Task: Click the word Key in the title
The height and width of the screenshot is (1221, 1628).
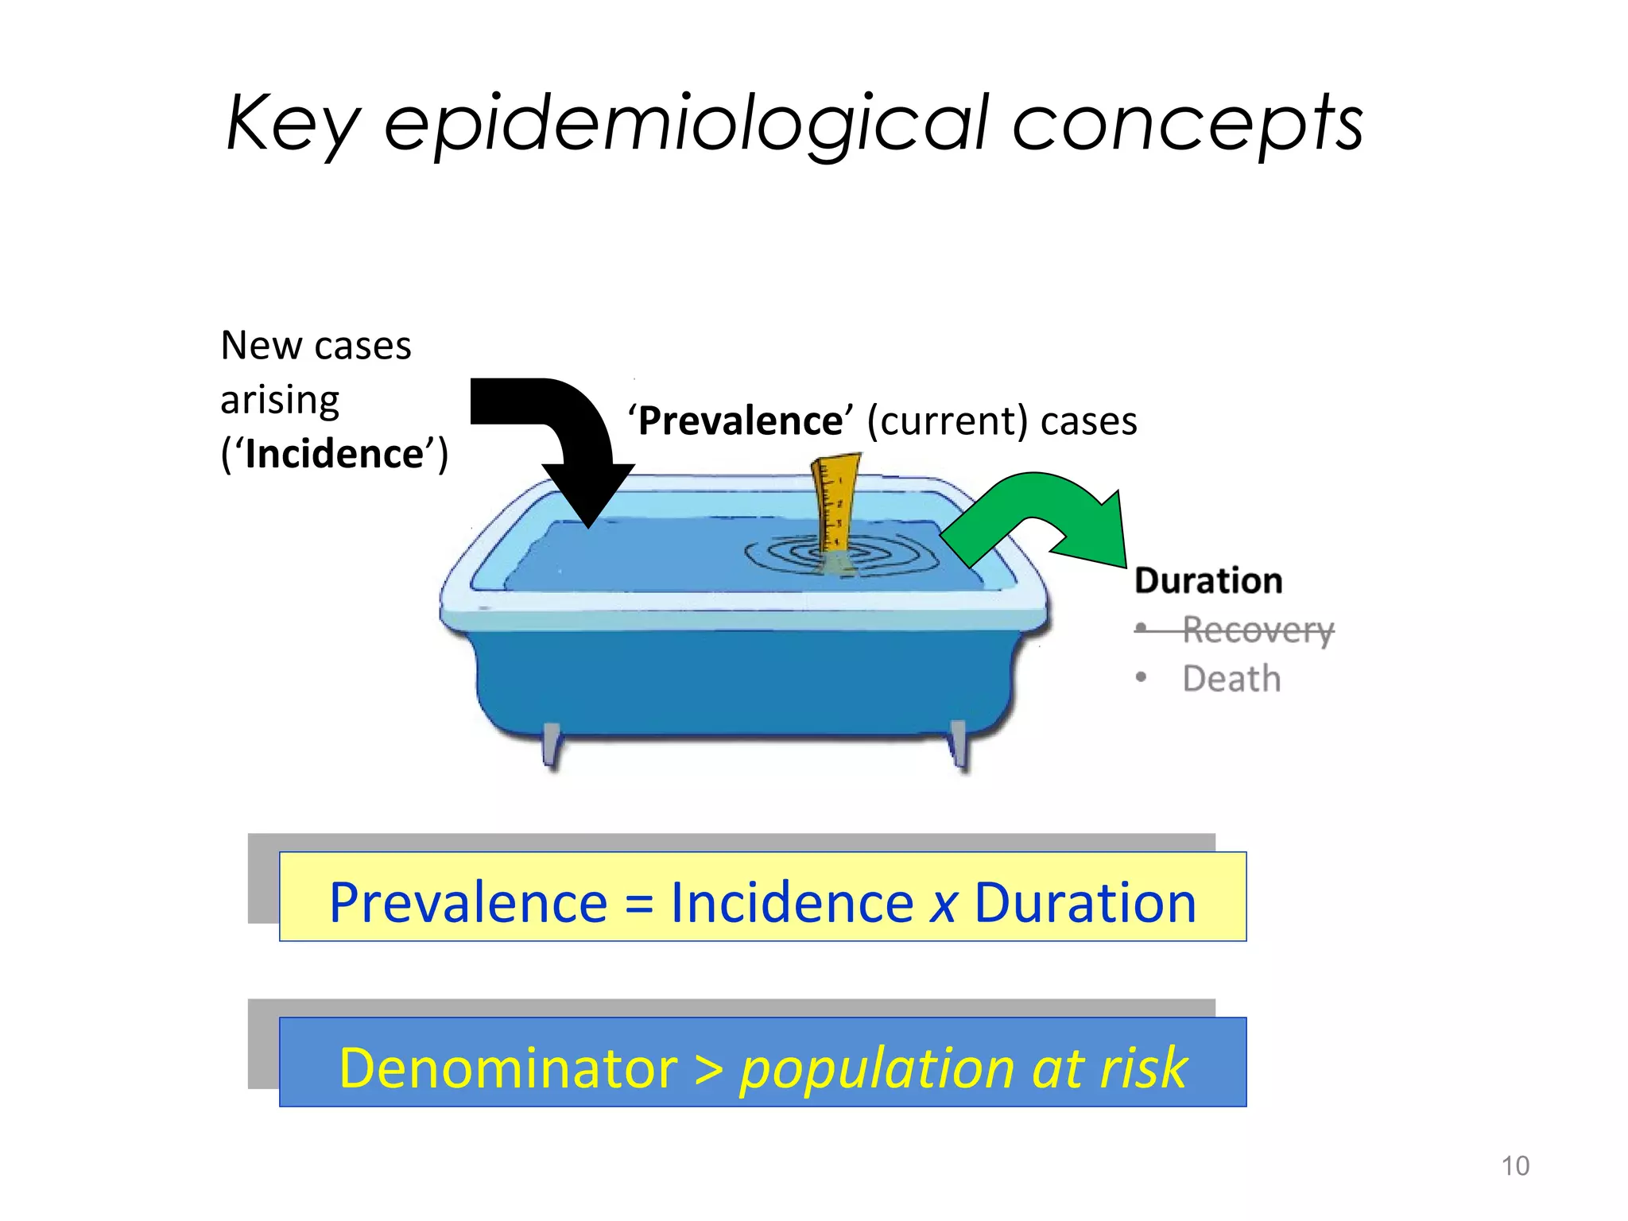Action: [x=293, y=124]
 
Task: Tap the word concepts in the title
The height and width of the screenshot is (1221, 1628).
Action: [x=1188, y=124]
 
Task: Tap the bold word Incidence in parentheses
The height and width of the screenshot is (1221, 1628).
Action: [x=335, y=455]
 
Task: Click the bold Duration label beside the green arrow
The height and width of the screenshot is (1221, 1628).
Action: [x=1208, y=581]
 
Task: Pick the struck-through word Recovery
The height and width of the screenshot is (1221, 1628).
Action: [x=1258, y=630]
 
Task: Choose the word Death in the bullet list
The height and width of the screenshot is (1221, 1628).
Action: [x=1231, y=680]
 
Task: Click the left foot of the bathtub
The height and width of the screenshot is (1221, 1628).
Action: [x=551, y=745]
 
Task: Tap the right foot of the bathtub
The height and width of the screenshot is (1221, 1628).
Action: [x=959, y=745]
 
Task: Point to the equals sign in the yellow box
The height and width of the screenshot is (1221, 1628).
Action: [x=638, y=905]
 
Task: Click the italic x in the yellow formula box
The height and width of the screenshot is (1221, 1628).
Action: [x=944, y=905]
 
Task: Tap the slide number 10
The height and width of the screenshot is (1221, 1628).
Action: [x=1515, y=1166]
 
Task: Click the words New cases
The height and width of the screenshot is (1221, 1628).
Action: [x=316, y=346]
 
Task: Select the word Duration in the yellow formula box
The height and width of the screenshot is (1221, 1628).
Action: [x=1085, y=903]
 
